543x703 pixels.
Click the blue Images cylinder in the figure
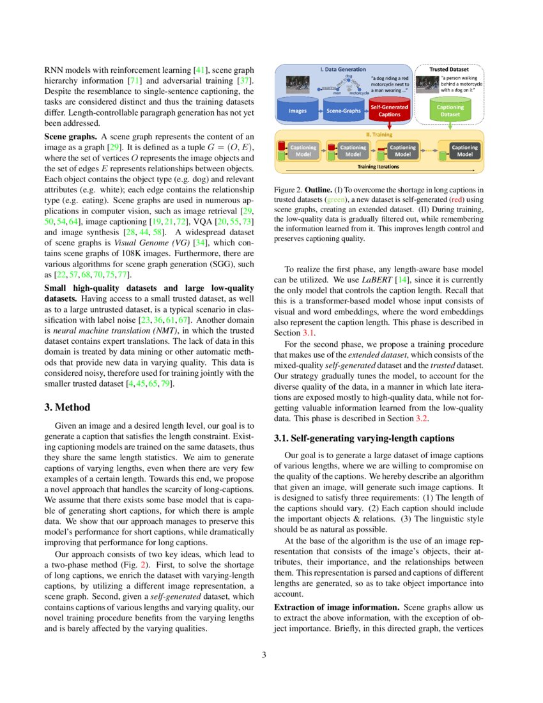coord(298,111)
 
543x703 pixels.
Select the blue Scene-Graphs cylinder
coord(344,111)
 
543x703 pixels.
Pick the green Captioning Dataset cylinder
coord(450,111)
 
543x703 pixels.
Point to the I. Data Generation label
coord(343,69)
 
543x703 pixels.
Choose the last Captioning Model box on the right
coord(464,151)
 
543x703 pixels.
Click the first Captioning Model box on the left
coord(303,151)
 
